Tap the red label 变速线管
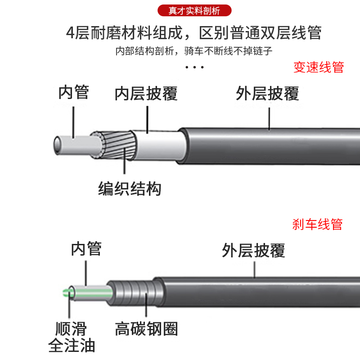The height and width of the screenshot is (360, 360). pyautogui.click(x=319, y=67)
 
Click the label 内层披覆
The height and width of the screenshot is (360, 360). pyautogui.click(x=146, y=94)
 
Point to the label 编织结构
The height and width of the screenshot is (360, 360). pyautogui.click(x=130, y=189)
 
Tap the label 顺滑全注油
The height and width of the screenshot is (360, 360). pyautogui.click(x=72, y=337)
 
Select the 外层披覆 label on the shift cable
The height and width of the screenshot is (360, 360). pyautogui.click(x=267, y=94)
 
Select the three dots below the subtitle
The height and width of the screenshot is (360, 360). pyautogui.click(x=195, y=67)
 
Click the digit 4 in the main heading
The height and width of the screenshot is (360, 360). pyautogui.click(x=70, y=33)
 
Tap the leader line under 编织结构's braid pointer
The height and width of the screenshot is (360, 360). pyautogui.click(x=125, y=169)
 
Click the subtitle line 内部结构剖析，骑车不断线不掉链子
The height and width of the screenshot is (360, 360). pyautogui.click(x=194, y=50)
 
